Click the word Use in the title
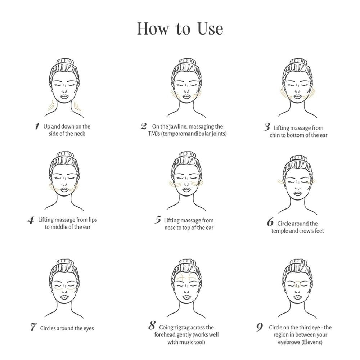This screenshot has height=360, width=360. (x=210, y=29)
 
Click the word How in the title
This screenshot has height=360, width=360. (x=153, y=29)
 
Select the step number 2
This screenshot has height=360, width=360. (x=144, y=126)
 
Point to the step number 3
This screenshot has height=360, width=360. (x=267, y=127)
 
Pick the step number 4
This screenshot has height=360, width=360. (x=31, y=220)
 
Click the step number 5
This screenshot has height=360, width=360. (x=158, y=220)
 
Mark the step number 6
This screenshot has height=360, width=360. (x=270, y=222)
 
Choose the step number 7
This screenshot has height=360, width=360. (x=33, y=327)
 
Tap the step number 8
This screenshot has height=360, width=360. (x=152, y=326)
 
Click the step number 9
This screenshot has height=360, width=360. (x=260, y=327)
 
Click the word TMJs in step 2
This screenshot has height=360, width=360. (x=154, y=134)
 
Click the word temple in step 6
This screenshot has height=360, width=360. (x=279, y=231)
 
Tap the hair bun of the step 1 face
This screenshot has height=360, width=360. (x=65, y=62)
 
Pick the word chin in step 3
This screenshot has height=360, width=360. (x=275, y=135)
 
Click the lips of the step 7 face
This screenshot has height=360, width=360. (x=64, y=297)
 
